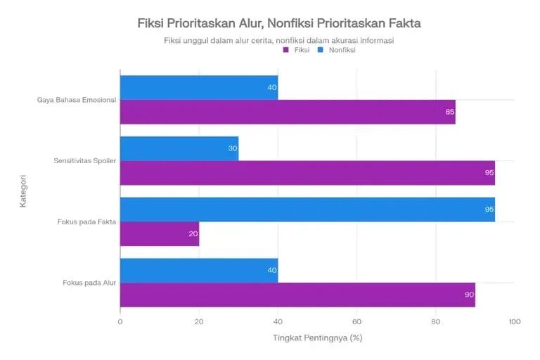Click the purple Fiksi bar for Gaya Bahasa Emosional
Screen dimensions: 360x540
coord(288,112)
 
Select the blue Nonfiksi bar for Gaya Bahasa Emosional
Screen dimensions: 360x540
coord(199,88)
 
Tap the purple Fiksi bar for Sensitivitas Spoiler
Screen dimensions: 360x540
coord(307,173)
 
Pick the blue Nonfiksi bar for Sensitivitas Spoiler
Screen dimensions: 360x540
coord(179,148)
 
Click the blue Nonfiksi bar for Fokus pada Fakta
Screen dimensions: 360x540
coord(307,210)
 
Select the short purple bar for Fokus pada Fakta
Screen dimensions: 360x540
coord(160,234)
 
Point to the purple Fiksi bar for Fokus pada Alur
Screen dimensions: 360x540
coord(297,295)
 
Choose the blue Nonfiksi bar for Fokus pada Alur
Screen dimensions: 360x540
coord(199,271)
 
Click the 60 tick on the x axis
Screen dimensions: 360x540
coord(356,321)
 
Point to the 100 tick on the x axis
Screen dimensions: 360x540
coord(514,321)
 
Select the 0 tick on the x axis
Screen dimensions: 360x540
coord(120,321)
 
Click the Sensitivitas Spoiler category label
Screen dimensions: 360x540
coord(85,161)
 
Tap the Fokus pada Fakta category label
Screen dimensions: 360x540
coord(87,222)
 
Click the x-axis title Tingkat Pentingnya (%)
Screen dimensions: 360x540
coord(317,337)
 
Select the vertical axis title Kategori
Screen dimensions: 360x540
coord(23,191)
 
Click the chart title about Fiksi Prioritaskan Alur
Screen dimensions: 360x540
coord(279,23)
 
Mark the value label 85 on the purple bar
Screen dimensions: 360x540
coord(450,112)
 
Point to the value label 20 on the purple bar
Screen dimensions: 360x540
coord(193,234)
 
